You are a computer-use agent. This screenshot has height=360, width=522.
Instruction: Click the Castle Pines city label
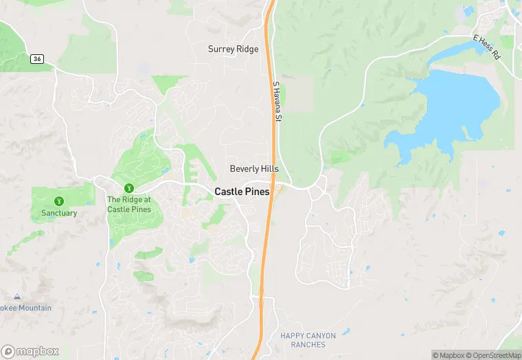tap(242, 192)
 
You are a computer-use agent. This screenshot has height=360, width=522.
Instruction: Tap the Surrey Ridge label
tap(234, 49)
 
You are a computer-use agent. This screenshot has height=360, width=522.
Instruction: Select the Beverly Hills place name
tap(254, 169)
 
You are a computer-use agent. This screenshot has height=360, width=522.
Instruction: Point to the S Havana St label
tap(277, 103)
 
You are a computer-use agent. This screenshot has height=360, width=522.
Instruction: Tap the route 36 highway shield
tap(36, 60)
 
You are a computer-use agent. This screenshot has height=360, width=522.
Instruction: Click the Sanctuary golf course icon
tap(58, 201)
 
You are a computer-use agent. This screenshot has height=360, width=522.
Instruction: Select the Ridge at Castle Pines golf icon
tap(128, 188)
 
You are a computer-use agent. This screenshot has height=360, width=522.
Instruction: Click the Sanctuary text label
tap(58, 213)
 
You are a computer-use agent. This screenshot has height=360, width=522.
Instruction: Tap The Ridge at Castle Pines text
tap(128, 204)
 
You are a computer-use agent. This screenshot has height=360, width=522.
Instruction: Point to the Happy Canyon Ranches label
tap(308, 340)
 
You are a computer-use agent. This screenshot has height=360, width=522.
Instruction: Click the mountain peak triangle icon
tap(16, 297)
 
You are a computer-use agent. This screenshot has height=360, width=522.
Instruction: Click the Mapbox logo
tap(30, 351)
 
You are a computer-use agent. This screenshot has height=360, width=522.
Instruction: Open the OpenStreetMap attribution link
tap(493, 355)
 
